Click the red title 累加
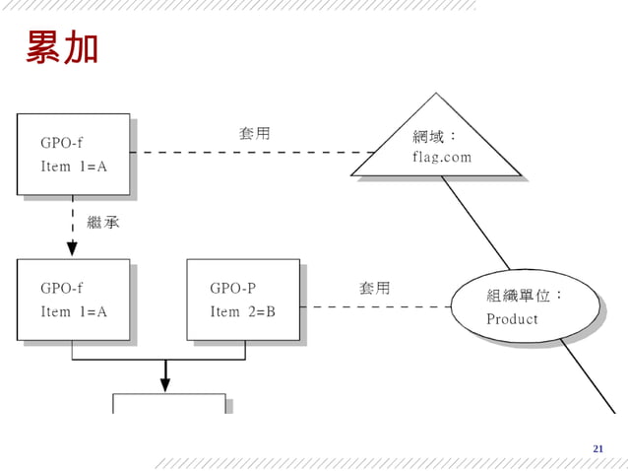point(62,47)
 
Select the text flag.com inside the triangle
point(442,157)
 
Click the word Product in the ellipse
point(512,319)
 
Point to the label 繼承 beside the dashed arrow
point(103,223)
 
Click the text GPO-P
point(232,289)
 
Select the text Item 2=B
point(242,311)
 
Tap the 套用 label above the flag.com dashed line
point(254,133)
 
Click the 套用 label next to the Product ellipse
point(374,288)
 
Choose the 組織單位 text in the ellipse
point(525,296)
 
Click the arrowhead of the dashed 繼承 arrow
point(73,250)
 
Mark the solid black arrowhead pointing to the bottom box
point(165,382)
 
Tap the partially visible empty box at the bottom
point(168,404)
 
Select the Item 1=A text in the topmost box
point(73,167)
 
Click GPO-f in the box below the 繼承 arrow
point(61,289)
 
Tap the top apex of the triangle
point(435,95)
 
